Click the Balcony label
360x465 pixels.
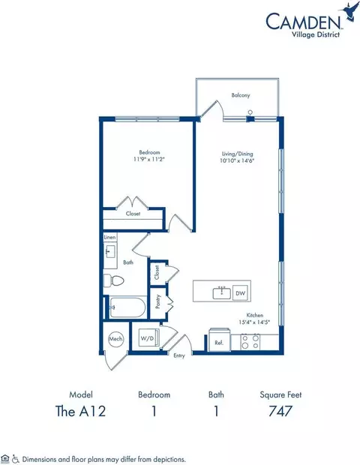click(240, 95)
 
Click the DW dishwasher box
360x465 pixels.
click(240, 292)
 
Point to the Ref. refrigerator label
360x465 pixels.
click(219, 343)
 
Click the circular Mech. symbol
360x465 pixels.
click(116, 339)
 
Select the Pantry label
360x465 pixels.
click(158, 301)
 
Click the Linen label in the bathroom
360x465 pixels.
click(110, 238)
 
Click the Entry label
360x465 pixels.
click(179, 355)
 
